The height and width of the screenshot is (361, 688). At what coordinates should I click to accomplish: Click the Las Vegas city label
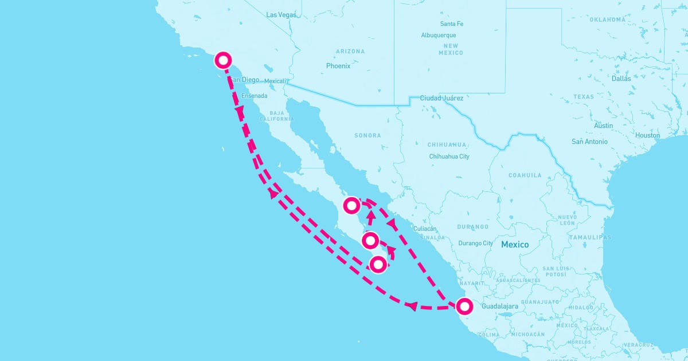[x=282, y=14]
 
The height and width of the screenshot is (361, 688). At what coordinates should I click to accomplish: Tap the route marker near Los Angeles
[x=223, y=60]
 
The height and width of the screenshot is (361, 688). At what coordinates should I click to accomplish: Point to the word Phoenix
[x=338, y=66]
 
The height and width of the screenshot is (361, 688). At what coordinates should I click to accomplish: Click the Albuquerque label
[x=439, y=35]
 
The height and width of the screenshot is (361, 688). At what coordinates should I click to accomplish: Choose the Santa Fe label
[x=452, y=24]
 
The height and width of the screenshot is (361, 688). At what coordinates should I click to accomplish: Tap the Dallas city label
[x=621, y=79]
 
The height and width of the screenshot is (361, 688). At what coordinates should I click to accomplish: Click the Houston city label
[x=647, y=135]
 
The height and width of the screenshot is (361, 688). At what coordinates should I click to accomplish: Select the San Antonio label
[x=589, y=141]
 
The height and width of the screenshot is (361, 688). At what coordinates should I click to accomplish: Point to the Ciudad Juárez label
[x=441, y=98]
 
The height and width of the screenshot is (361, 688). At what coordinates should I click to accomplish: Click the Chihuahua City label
[x=449, y=156]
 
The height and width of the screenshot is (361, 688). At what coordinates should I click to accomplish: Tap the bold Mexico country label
[x=515, y=245]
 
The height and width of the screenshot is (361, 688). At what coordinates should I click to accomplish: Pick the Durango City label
[x=475, y=243]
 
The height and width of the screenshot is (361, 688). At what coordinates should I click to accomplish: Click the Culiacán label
[x=425, y=228]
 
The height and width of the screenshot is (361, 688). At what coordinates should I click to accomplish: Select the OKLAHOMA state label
[x=607, y=19]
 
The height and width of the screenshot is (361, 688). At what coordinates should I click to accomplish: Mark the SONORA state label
[x=368, y=136]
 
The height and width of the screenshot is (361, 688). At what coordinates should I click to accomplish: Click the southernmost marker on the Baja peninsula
[x=377, y=264]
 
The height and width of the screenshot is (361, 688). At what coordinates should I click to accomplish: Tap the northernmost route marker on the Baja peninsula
[x=351, y=205]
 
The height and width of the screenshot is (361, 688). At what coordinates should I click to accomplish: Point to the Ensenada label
[x=255, y=96]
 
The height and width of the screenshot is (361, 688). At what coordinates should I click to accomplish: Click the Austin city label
[x=604, y=125]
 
